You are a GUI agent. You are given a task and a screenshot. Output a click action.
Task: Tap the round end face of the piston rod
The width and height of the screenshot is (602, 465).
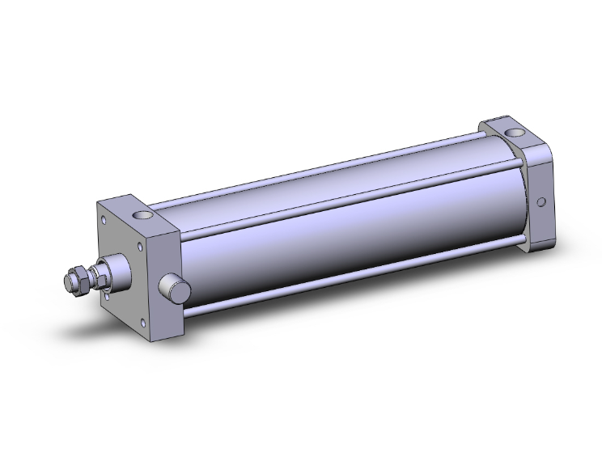[x=69, y=283]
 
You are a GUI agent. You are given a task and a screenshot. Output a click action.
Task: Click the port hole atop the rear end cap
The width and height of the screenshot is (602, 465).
[x=512, y=133]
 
